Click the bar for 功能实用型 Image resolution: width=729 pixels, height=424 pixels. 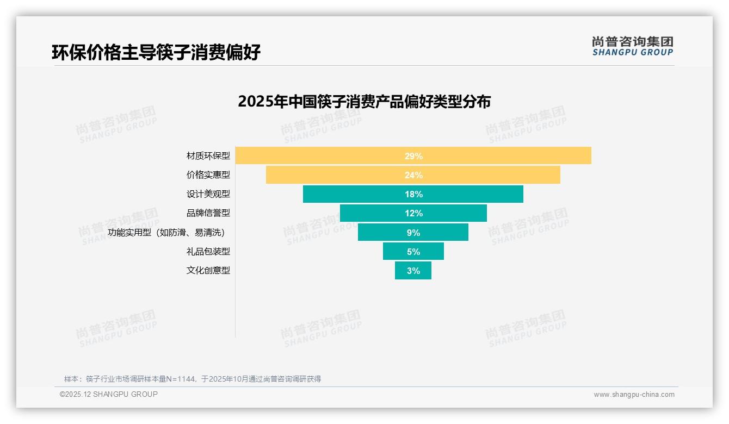click(x=381, y=232)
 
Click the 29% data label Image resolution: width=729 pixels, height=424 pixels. click(x=413, y=156)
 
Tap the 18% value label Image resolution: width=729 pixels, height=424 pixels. click(x=413, y=194)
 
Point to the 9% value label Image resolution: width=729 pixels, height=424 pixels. click(x=413, y=233)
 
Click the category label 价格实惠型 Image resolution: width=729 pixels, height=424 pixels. click(x=208, y=175)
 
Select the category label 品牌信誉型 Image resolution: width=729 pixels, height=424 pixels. click(x=208, y=213)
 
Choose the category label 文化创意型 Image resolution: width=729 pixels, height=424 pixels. click(x=208, y=270)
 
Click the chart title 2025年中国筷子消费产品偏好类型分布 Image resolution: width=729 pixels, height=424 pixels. click(x=364, y=102)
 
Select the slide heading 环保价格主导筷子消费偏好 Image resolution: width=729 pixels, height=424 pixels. click(x=156, y=52)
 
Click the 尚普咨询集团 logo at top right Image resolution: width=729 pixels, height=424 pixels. click(x=633, y=46)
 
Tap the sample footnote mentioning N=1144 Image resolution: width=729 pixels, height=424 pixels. click(x=193, y=379)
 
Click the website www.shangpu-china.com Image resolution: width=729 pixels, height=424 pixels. click(x=634, y=395)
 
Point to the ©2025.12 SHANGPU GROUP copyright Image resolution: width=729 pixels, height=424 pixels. click(x=109, y=395)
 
